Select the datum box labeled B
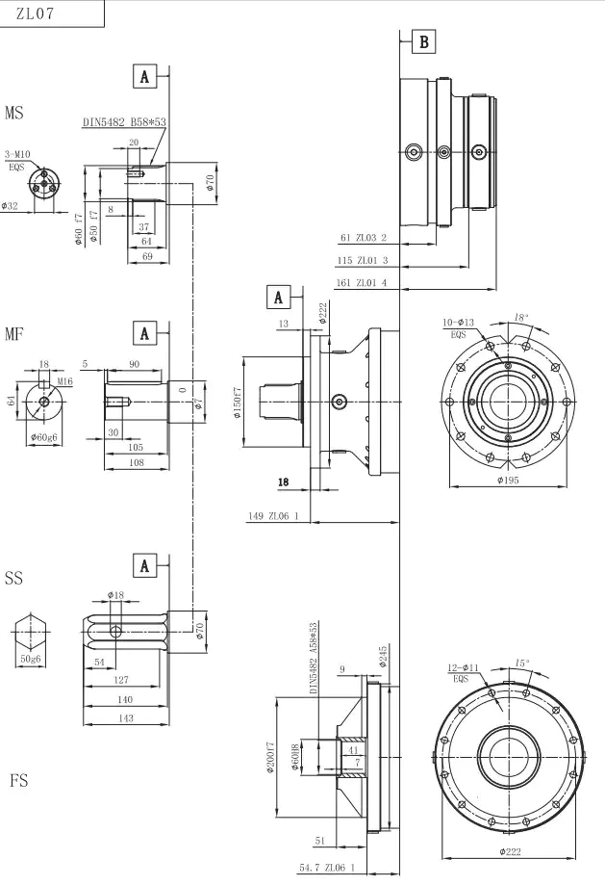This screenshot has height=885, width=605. (x=424, y=41)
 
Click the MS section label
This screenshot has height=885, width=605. (x=14, y=114)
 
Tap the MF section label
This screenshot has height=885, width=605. (x=14, y=334)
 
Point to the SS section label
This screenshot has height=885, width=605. (x=13, y=579)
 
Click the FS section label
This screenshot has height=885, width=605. (x=18, y=780)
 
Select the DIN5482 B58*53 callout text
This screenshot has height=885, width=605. (x=124, y=122)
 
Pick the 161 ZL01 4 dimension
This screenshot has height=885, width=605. (x=361, y=283)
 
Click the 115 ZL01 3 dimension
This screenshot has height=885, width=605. (x=361, y=260)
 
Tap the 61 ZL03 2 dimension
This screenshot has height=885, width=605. (x=364, y=237)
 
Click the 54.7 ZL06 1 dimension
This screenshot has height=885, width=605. (x=326, y=868)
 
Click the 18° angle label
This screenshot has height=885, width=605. (x=520, y=316)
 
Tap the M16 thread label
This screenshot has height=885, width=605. (x=64, y=381)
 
